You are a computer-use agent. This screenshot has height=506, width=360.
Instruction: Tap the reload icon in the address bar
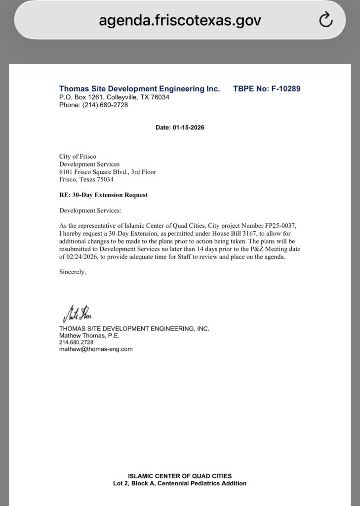(325, 20)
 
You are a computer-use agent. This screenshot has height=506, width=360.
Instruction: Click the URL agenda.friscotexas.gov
(180, 20)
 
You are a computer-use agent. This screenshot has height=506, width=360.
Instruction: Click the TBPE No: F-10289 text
(267, 89)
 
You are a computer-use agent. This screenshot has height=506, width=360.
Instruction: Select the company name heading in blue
(139, 89)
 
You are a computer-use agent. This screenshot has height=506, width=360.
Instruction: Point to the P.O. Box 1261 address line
(114, 97)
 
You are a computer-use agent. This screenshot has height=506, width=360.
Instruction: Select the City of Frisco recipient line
(78, 157)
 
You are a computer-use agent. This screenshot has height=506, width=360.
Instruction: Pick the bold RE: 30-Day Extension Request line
(103, 195)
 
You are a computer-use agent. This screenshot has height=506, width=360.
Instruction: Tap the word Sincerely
(73, 272)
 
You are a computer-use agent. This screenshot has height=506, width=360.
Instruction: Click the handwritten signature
(77, 313)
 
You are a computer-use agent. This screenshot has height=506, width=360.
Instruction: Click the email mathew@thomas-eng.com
(96, 349)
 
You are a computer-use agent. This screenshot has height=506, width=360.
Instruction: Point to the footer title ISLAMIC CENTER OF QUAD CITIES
(180, 476)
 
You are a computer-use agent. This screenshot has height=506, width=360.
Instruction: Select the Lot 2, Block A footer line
(180, 483)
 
